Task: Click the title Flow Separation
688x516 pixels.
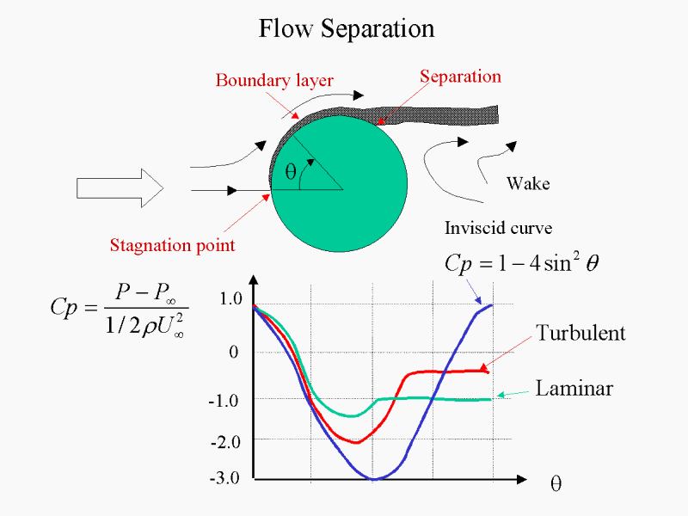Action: coord(347,29)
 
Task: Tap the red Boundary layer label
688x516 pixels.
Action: coord(274,81)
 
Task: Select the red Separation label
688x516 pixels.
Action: coord(460,77)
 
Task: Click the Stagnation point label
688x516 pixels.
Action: coord(173,245)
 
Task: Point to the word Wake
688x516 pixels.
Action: coord(528,183)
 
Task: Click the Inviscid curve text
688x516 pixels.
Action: coord(499,228)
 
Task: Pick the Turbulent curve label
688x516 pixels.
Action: coord(580,333)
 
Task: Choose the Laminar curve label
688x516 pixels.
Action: coord(574,389)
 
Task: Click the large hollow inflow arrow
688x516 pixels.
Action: coord(120,188)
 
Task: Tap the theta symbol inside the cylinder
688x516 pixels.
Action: coord(291,171)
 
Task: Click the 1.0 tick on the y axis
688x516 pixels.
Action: coord(230,298)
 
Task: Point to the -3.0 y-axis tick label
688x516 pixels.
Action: coord(224,477)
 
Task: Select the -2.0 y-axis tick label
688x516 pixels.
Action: coord(225,442)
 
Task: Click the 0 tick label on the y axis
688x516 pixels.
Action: coord(233,352)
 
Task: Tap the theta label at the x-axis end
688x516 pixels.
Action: coord(556,483)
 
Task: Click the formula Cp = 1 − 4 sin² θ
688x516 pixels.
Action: coord(521,263)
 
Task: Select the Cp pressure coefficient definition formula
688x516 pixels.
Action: coord(120,310)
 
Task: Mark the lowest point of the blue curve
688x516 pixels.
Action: coord(374,479)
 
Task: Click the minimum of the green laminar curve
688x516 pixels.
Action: coord(352,416)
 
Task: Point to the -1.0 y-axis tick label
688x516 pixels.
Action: coord(224,401)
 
